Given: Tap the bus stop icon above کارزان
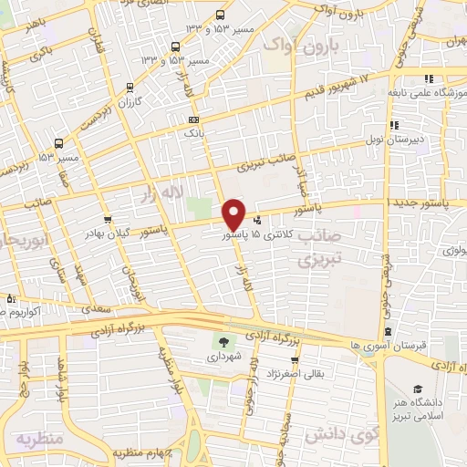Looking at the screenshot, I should tap(131, 88).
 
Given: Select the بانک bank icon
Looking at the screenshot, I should tap(192, 119).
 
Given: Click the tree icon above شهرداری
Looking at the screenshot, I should tap(223, 342).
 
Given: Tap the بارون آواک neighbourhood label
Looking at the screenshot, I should tap(303, 45).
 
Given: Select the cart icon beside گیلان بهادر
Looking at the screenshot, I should tap(109, 219).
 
